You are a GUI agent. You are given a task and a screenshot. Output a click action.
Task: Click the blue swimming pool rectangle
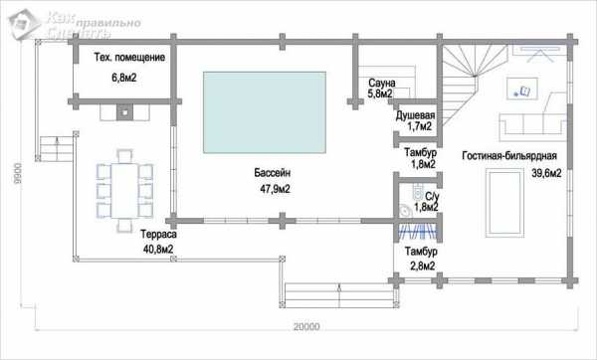point(265,112)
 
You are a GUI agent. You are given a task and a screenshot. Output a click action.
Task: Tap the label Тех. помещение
point(129,58)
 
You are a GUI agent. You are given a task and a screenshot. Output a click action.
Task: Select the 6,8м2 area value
point(124,78)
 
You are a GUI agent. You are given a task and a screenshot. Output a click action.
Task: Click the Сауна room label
point(382,83)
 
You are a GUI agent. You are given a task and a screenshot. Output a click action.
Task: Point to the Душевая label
point(415,115)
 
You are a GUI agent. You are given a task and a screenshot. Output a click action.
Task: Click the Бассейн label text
point(273,173)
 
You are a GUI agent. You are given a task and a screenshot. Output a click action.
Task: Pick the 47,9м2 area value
point(275,189)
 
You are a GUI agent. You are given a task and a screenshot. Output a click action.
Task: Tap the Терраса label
point(158,234)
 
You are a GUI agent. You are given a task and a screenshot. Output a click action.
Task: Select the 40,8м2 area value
point(159,250)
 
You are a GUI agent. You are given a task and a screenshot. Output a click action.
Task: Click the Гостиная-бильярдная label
point(509,156)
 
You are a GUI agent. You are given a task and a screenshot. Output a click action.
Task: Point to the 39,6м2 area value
point(546,173)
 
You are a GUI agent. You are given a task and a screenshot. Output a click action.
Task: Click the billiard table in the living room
point(504,203)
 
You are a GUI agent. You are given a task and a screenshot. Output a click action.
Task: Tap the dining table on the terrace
point(124,190)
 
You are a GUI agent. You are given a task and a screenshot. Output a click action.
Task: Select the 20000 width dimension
point(306,326)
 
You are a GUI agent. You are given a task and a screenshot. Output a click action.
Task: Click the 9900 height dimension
point(18,173)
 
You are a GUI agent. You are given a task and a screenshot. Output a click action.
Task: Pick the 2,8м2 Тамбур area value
point(423,266)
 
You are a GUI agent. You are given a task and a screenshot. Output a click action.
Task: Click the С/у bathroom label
point(432,196)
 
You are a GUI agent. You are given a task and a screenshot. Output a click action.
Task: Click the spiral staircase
point(474,82)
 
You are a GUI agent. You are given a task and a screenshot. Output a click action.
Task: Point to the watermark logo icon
point(24,24)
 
